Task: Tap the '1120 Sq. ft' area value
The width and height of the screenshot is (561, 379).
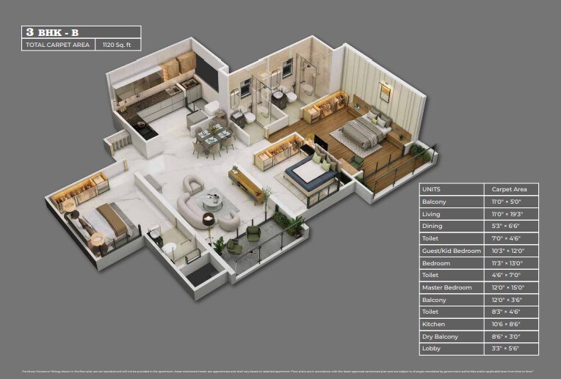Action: [x=120, y=45]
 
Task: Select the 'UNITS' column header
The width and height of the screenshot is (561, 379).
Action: [x=431, y=189]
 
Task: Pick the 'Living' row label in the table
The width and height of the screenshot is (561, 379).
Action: [x=431, y=214]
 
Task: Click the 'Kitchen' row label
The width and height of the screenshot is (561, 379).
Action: [x=433, y=324]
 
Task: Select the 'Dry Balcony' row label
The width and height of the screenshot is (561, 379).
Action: [x=440, y=336]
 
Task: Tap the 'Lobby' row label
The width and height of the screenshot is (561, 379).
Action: [x=431, y=349]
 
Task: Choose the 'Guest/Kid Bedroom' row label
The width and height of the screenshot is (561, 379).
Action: [x=451, y=251]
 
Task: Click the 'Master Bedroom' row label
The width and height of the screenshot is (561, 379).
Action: [x=446, y=287]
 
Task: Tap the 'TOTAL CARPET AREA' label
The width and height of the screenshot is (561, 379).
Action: [x=58, y=45]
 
